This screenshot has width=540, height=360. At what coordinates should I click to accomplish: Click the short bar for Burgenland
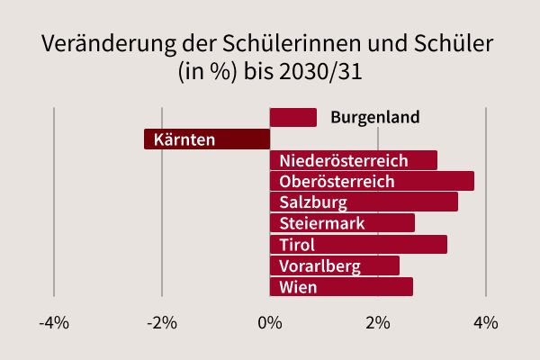tap(293, 118)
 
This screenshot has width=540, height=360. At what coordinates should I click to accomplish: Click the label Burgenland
tap(375, 118)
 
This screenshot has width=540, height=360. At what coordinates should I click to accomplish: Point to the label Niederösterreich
tap(344, 161)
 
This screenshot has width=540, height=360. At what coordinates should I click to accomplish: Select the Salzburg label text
tap(312, 202)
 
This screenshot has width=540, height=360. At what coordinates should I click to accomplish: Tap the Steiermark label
tap(322, 223)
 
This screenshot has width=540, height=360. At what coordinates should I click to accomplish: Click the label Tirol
tap(297, 245)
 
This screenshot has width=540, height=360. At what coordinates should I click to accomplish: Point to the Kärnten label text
tap(184, 139)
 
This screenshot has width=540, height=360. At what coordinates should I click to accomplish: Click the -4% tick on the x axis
tap(54, 322)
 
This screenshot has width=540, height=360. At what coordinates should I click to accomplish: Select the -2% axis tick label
tap(162, 322)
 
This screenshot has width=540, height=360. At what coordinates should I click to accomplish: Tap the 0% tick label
tap(270, 322)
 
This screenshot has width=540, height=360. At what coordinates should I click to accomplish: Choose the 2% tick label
tap(378, 322)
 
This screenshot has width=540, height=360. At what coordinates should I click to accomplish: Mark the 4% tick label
tap(486, 322)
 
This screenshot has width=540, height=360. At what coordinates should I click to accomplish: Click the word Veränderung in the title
tap(104, 46)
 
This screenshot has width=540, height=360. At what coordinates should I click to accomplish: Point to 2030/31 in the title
tap(320, 72)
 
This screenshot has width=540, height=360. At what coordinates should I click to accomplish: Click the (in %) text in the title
tap(209, 72)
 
